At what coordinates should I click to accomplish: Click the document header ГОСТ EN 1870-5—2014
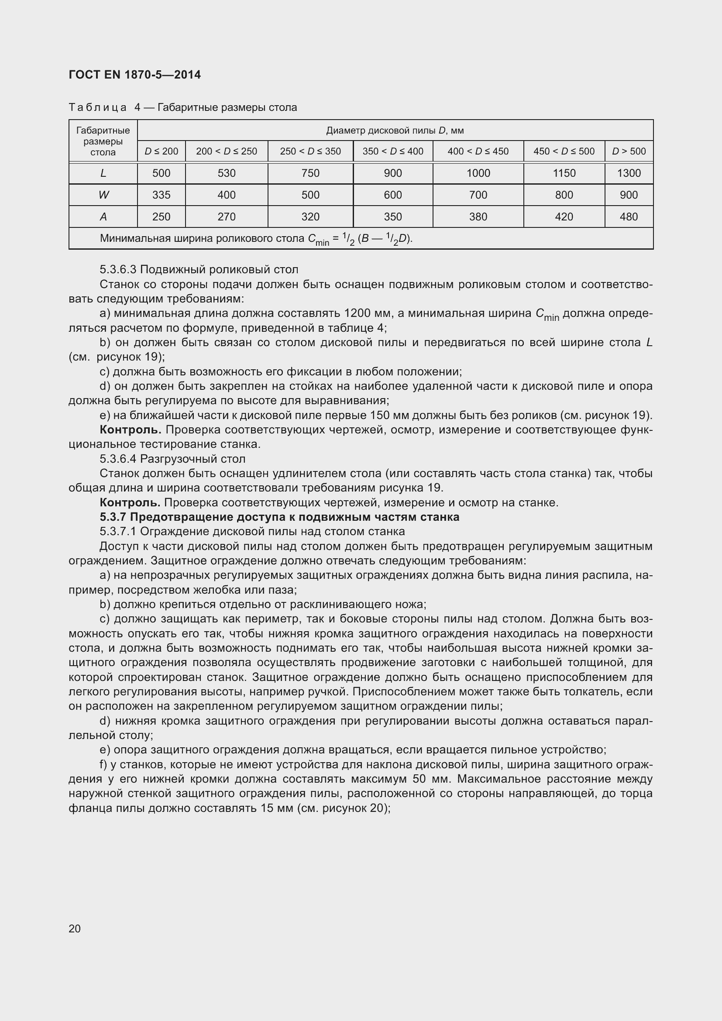[135, 75]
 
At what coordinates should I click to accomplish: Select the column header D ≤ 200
[161, 151]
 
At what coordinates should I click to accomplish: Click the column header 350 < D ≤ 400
[392, 151]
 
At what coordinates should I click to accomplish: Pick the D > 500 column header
[629, 151]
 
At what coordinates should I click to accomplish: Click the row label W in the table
[103, 195]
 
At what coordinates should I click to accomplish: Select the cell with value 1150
[564, 173]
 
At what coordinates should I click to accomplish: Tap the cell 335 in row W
[161, 195]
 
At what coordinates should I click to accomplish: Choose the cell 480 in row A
[629, 217]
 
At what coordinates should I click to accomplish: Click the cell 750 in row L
[310, 173]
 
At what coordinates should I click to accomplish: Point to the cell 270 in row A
[226, 217]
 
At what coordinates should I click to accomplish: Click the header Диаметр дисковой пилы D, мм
[395, 130]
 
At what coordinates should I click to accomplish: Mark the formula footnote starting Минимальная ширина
[256, 239]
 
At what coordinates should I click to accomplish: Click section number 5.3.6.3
[118, 269]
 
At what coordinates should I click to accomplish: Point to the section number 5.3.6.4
[118, 458]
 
